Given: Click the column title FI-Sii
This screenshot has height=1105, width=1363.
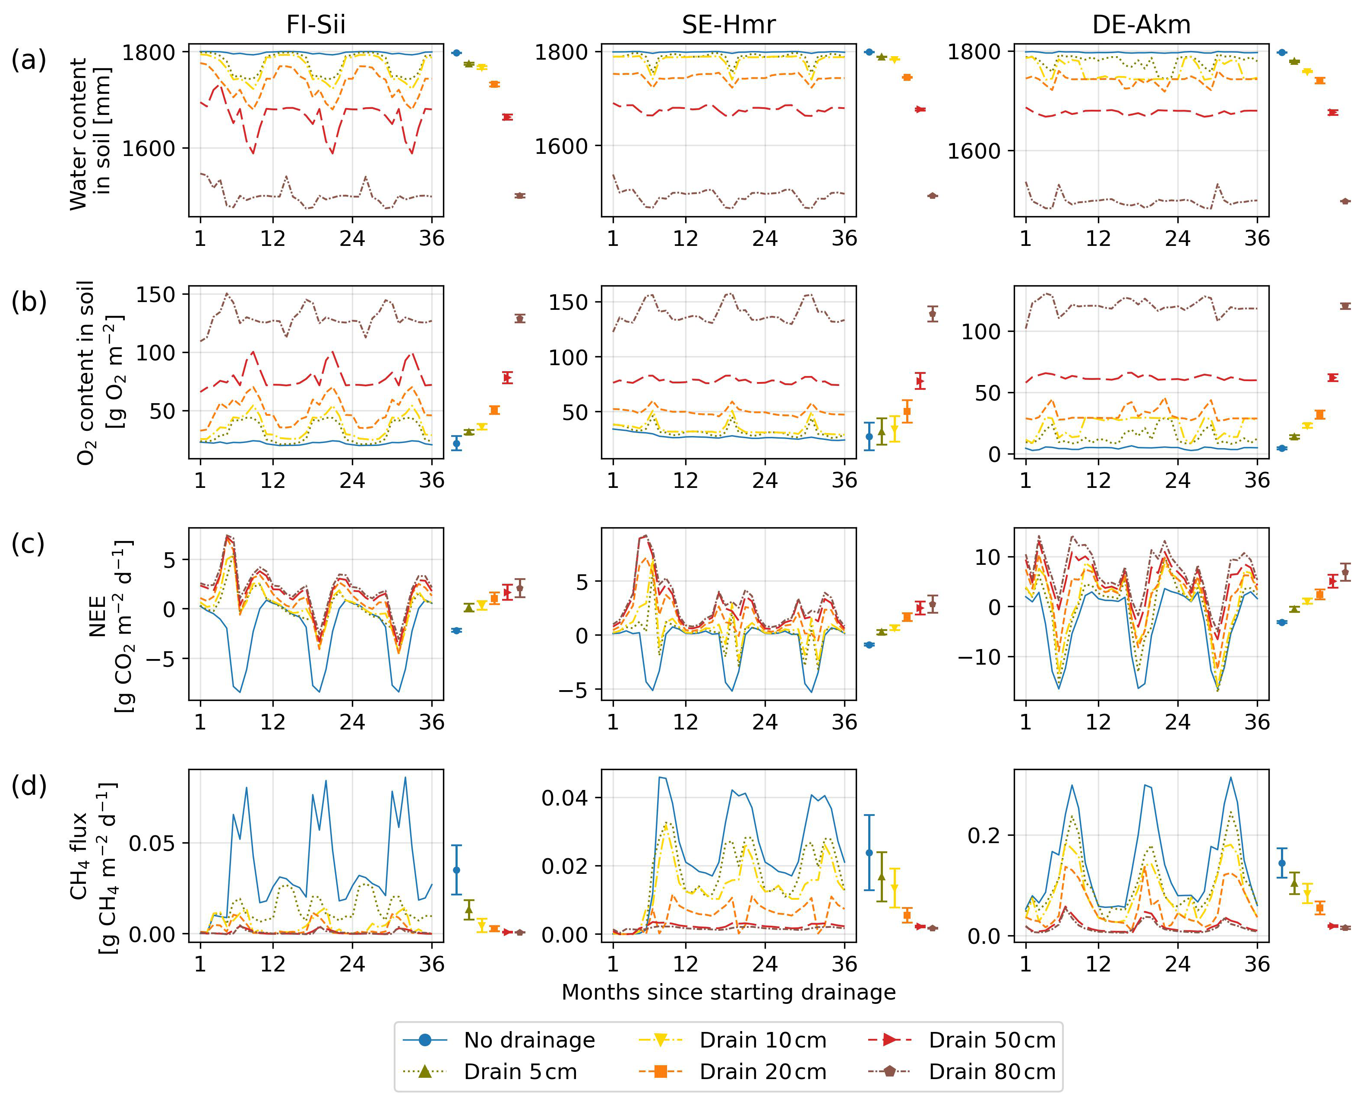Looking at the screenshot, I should tap(316, 25).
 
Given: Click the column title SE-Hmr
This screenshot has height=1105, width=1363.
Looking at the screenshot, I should tap(728, 25).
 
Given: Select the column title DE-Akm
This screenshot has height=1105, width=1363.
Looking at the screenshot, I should tap(1141, 25).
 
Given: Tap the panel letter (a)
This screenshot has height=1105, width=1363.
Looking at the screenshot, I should tap(28, 61).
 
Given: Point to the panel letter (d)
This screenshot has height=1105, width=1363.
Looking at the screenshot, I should tap(28, 786).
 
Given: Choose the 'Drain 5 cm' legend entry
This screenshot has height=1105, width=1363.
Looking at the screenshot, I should tap(520, 1071).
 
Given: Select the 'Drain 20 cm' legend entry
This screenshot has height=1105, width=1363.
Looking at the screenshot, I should tap(762, 1071).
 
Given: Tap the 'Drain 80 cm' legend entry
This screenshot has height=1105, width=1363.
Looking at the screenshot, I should tap(992, 1071).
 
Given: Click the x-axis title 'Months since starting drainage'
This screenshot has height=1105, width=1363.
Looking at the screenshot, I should tap(728, 992).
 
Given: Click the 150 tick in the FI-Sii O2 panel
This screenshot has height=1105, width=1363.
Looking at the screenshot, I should tap(156, 295).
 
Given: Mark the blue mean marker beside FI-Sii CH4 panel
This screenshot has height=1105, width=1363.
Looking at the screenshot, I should tap(456, 870).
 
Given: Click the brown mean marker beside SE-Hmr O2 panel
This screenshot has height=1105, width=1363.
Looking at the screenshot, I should tap(933, 313).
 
